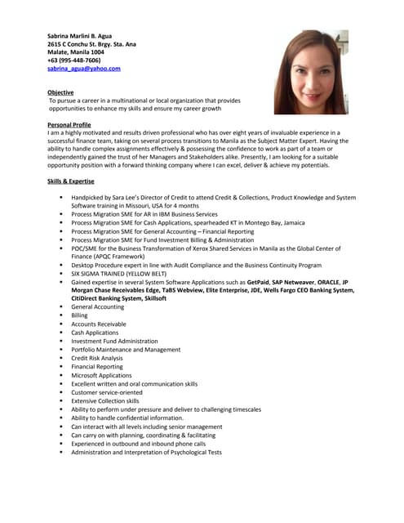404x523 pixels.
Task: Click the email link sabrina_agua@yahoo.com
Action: (x=83, y=69)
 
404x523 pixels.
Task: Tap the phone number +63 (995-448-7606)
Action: (x=73, y=60)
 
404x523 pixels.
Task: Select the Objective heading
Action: (x=61, y=92)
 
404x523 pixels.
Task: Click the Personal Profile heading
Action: (x=69, y=124)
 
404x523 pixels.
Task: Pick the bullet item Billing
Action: (x=79, y=315)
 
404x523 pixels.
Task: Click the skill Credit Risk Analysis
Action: (x=97, y=358)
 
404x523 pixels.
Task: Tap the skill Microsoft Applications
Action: (x=101, y=375)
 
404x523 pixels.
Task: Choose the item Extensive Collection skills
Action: (x=105, y=400)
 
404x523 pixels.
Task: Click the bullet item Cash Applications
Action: (x=95, y=333)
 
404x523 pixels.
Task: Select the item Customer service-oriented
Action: (x=106, y=392)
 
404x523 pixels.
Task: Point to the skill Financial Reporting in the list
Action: (x=96, y=367)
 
